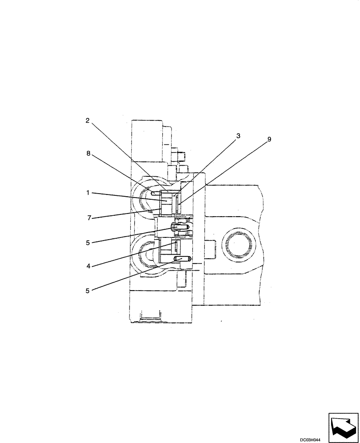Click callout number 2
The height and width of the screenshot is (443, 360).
click(88, 120)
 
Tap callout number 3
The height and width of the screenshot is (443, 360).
click(238, 136)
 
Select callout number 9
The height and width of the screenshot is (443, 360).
click(269, 139)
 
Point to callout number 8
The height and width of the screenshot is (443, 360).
click(89, 154)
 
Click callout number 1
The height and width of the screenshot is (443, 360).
click(89, 193)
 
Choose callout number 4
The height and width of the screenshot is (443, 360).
click(89, 266)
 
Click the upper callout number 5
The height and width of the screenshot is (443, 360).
click(89, 242)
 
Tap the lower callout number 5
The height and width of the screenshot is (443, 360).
click(89, 291)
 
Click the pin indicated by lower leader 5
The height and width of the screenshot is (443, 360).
click(182, 259)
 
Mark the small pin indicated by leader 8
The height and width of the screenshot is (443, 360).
click(154, 193)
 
